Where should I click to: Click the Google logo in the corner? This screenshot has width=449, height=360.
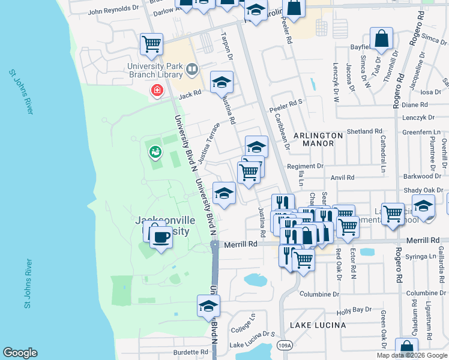tap(20, 353)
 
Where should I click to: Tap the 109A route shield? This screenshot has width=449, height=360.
tap(286, 346)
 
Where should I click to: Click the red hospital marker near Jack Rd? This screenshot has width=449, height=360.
tap(157, 91)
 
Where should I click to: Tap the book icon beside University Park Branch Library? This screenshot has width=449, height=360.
tap(192, 70)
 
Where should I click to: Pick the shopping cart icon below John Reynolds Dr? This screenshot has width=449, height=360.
tap(152, 43)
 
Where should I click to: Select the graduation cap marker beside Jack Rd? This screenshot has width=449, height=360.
tap(221, 82)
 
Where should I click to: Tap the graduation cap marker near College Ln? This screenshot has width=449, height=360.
tap(208, 306)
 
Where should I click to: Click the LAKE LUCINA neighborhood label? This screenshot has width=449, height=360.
tap(318, 325)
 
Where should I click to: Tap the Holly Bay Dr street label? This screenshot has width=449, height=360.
tap(355, 310)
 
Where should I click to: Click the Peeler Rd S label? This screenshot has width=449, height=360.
tap(286, 102)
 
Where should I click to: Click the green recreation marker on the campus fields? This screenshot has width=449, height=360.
tap(155, 152)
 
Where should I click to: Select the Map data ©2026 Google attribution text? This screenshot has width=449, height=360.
tap(411, 355)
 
